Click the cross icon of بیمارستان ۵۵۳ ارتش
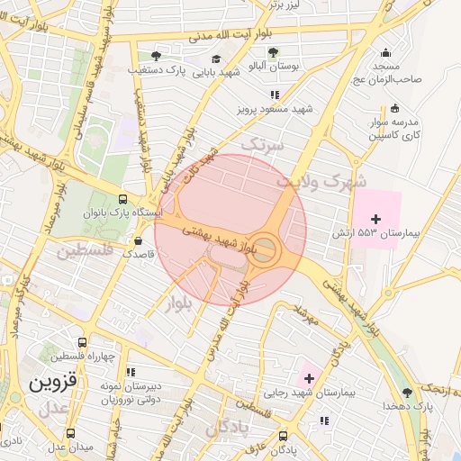375,219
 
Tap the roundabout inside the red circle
263,249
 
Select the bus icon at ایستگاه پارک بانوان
123,200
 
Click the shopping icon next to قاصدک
138,240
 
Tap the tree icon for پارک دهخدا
407,393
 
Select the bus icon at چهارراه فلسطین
82,343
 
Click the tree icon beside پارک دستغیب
156,56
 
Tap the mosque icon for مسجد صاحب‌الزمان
386,52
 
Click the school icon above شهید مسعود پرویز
274,94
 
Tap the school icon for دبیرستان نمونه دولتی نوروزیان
131,371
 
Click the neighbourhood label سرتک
262,144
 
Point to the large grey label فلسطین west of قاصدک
86,250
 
